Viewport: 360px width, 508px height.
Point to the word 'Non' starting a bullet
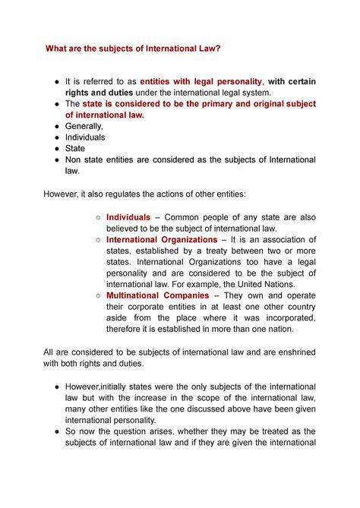pos(77,160)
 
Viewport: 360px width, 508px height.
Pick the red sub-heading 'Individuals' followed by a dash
pos(128,217)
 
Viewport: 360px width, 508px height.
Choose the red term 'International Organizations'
pos(162,240)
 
